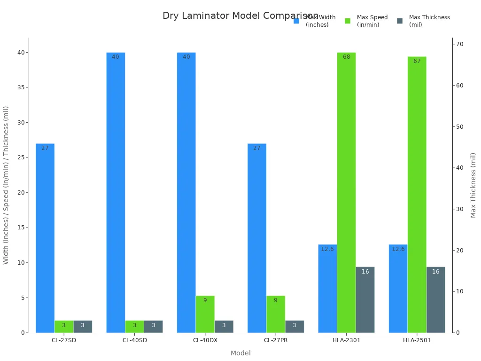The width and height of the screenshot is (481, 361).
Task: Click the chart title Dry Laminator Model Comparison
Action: (x=240, y=16)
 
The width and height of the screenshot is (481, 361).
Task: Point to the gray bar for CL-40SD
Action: (x=153, y=327)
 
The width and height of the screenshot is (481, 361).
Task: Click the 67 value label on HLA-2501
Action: (x=417, y=61)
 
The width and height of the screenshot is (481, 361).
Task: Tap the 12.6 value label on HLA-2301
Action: (x=327, y=249)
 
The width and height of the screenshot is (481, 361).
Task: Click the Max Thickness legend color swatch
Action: (x=400, y=21)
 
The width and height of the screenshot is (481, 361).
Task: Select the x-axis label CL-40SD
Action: (x=134, y=340)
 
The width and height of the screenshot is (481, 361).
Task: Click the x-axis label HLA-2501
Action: (x=417, y=340)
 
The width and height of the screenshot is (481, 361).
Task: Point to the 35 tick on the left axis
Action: (x=21, y=87)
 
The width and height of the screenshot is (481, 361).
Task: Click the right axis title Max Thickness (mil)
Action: (x=473, y=185)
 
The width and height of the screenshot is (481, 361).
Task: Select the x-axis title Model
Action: (x=240, y=353)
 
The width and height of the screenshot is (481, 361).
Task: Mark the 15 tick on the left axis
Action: (x=21, y=228)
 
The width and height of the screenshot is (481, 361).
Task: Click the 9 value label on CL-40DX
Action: (x=205, y=300)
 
